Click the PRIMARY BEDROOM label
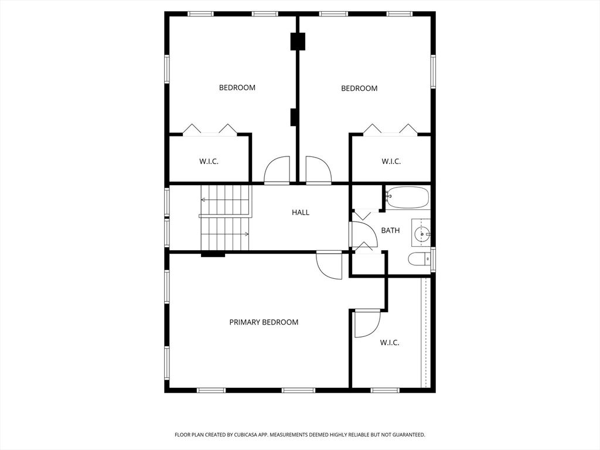pos(264,322)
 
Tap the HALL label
pos(301,213)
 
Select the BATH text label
pos(390,230)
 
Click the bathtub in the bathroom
pos(407,197)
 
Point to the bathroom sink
pos(421,235)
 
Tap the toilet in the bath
pos(418,259)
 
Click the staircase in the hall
pos(225,217)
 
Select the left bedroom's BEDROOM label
pos(237,88)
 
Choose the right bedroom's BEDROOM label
pos(359,88)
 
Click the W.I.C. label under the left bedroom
pos(209,161)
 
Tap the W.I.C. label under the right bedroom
pos(391,161)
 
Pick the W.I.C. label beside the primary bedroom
pos(390,343)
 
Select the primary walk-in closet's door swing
pos(367,323)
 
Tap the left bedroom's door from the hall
pos(277,171)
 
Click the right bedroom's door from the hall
pos(318,171)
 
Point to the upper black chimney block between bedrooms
pos(298,42)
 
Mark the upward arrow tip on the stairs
pos(203,200)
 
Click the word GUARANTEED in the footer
pos(408,435)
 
